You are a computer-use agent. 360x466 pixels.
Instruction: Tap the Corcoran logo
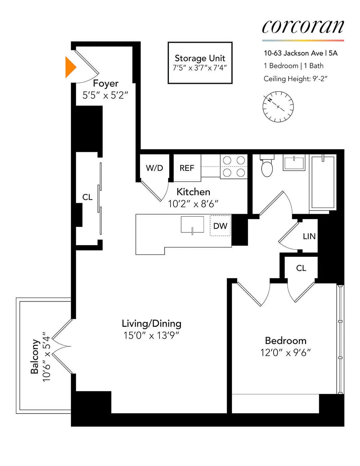[x=303, y=27]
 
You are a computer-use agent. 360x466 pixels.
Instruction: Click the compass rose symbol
[x=278, y=107]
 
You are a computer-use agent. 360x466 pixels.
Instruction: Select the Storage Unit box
[x=200, y=63]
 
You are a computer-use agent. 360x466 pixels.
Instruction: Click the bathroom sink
[x=294, y=163]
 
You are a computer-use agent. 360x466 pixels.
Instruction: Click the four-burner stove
[x=234, y=167]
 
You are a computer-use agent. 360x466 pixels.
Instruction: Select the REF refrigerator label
[x=187, y=168]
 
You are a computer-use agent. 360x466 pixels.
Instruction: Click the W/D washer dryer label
[x=154, y=168]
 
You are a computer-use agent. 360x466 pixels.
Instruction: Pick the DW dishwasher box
[x=220, y=226]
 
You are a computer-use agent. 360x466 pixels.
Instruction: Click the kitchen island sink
[x=192, y=224]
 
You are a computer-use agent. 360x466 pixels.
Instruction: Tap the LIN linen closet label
[x=309, y=236]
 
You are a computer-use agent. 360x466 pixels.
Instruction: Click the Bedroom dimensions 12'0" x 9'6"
[x=285, y=353]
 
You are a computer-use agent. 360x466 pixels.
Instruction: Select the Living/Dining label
[x=151, y=323]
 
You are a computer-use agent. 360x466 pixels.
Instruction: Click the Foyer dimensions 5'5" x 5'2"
[x=105, y=95]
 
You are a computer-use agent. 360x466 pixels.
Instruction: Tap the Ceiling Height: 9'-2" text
[x=295, y=79]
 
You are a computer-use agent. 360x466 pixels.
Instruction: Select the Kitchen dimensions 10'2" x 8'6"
[x=193, y=204]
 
